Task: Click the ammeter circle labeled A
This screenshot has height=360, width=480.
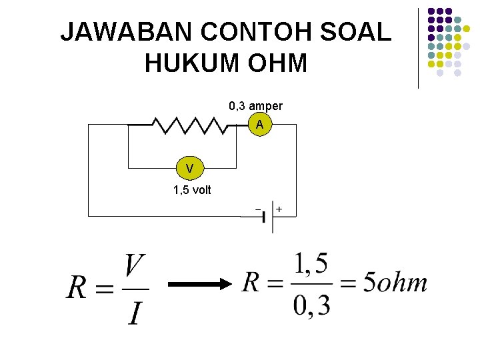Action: (259, 125)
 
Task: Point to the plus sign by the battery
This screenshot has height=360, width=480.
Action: (279, 209)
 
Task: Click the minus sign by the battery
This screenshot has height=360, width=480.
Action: (258, 209)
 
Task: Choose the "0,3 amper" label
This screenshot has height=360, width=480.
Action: (255, 106)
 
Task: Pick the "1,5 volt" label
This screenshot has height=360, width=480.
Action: (192, 190)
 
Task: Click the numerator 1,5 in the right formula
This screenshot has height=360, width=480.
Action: (311, 265)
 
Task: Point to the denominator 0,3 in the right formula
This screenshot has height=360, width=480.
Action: (311, 305)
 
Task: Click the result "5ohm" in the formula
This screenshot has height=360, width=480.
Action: (395, 283)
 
